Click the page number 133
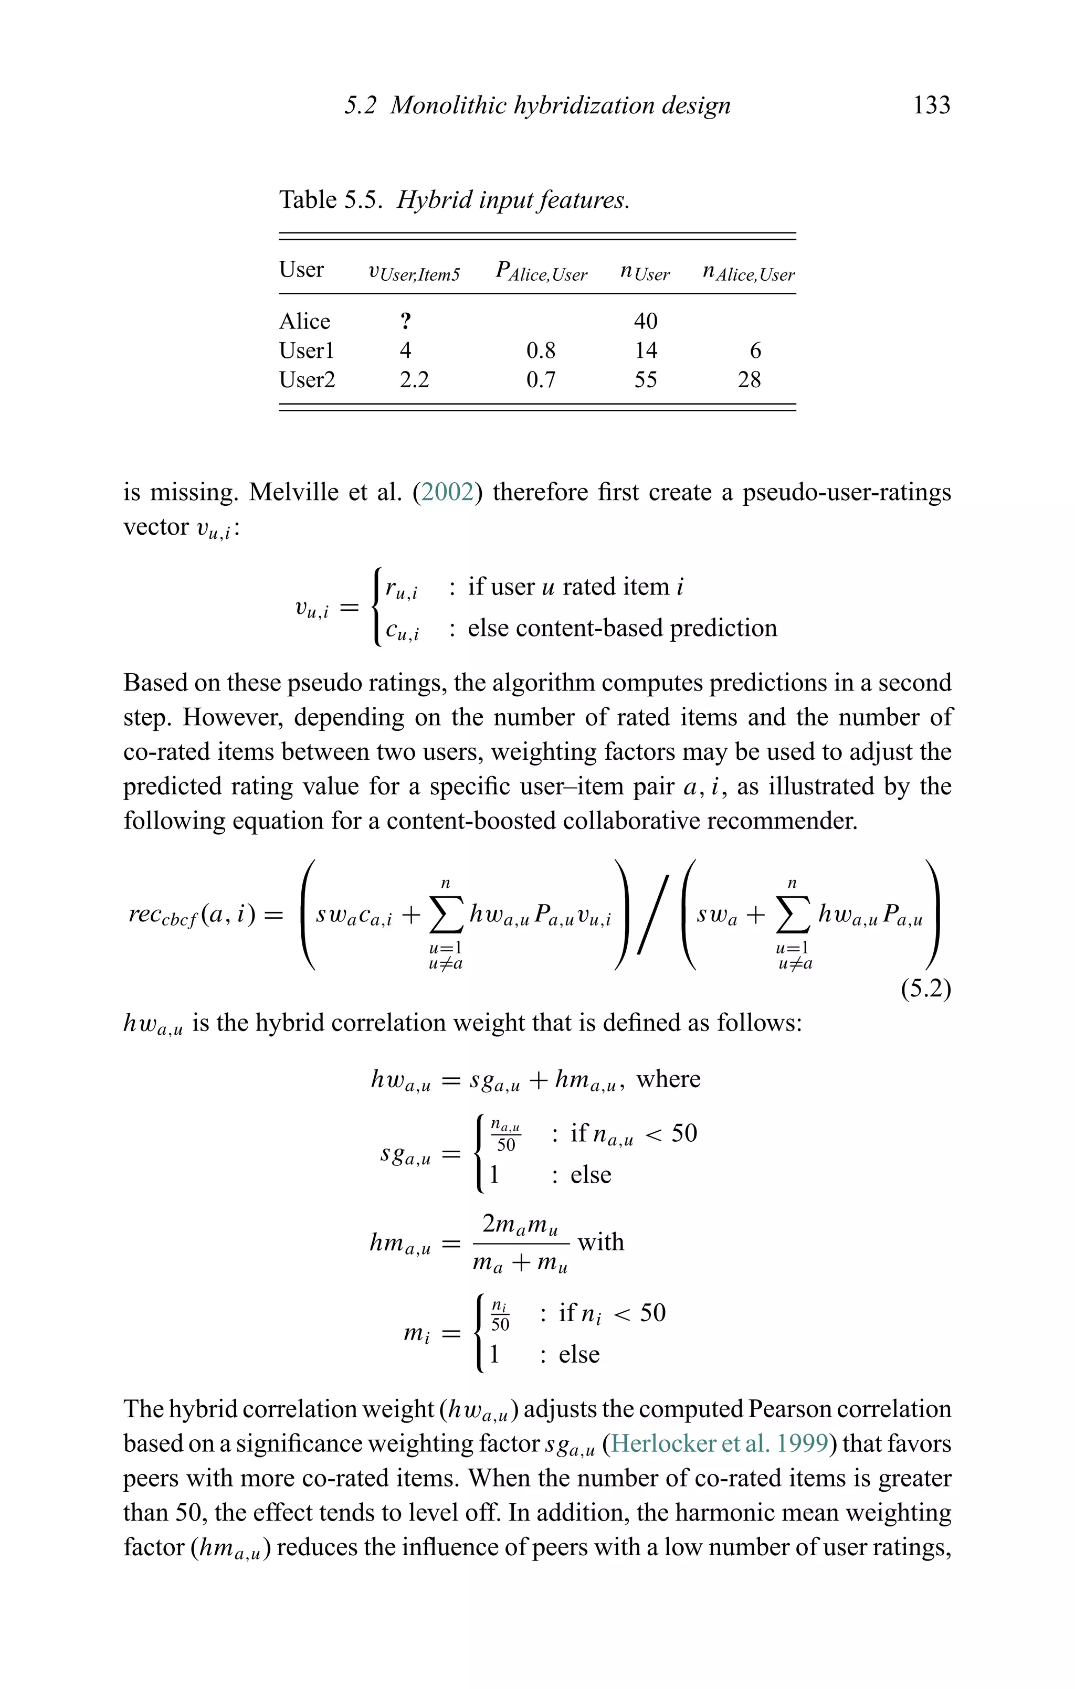tap(931, 105)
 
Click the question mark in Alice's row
tap(406, 321)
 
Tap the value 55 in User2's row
tap(645, 380)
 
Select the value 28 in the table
tap(749, 380)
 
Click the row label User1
tap(307, 350)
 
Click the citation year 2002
tap(448, 492)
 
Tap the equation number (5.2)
tap(925, 989)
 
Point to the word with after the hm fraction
tap(600, 1242)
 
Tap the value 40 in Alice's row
tap(645, 321)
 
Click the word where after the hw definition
tap(668, 1079)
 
